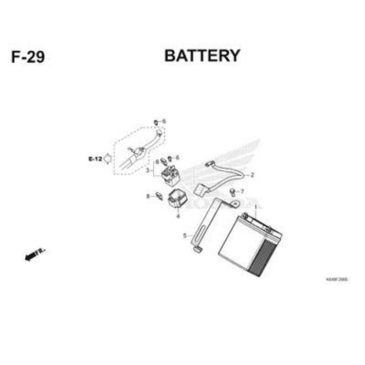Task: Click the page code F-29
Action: [28, 57]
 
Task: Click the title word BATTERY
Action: [202, 55]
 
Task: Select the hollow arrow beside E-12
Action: [108, 159]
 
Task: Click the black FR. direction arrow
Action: [35, 254]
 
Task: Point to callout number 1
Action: [255, 207]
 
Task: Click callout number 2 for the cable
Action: [253, 174]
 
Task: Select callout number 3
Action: [148, 170]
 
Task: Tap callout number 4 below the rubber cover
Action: [178, 216]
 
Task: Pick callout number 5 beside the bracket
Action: [184, 236]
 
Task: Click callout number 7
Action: [242, 191]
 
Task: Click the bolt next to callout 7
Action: [232, 191]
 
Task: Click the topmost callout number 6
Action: [164, 121]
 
